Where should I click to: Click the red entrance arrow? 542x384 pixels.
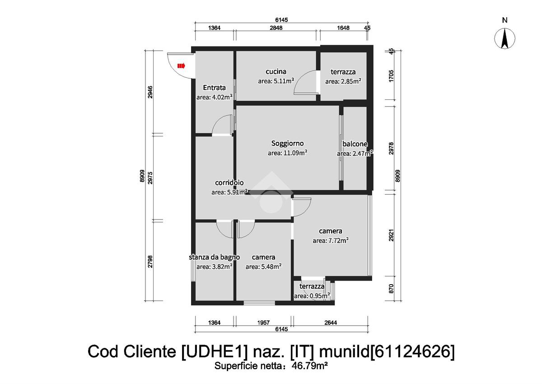tap(181, 66)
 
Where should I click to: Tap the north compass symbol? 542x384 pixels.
tap(505, 38)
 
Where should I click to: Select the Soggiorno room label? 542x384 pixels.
tap(287, 143)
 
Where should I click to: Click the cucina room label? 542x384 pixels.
tap(276, 72)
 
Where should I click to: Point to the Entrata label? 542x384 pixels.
tap(215, 87)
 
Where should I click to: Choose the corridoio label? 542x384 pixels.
tap(229, 183)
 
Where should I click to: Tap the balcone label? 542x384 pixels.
tap(355, 144)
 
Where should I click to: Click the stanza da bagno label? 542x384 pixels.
tap(215, 257)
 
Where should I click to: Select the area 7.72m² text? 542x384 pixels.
tap(331, 240)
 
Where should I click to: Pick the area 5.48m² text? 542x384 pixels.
tap(263, 267)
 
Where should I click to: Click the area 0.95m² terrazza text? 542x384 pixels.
tap(312, 296)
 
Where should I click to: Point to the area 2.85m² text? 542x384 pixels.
tap(343, 81)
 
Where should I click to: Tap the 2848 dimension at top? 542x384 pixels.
tap(276, 28)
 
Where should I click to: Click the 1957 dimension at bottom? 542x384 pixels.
tap(263, 323)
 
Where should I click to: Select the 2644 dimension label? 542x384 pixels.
tap(331, 323)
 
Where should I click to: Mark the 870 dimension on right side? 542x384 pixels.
tap(392, 289)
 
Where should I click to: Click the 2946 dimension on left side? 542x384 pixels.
tap(150, 92)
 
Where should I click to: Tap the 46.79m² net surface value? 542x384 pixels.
tap(310, 365)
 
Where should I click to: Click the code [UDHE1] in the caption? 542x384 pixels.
tap(215, 351)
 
